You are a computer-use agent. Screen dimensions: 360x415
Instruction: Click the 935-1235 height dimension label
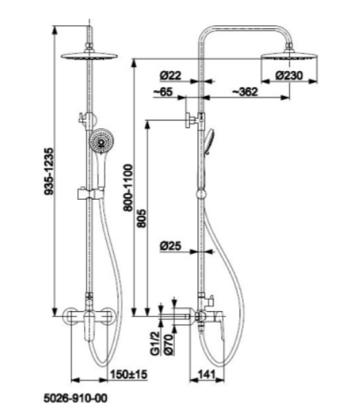click(x=49, y=172)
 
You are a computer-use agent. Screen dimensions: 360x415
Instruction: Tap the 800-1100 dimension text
click(x=128, y=188)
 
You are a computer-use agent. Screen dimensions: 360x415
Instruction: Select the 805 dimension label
click(x=141, y=218)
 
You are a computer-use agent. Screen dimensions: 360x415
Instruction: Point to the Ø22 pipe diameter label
click(x=171, y=76)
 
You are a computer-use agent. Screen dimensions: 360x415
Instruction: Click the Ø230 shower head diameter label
click(x=289, y=76)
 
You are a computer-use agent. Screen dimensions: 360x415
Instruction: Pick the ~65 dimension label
click(x=163, y=92)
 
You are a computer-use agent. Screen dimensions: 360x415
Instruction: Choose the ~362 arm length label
click(x=245, y=92)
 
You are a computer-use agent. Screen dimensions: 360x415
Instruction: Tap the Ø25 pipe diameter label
click(x=171, y=246)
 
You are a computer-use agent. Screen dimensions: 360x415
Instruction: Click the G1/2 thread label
click(x=155, y=343)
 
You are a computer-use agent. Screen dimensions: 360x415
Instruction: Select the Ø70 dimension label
click(x=169, y=344)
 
